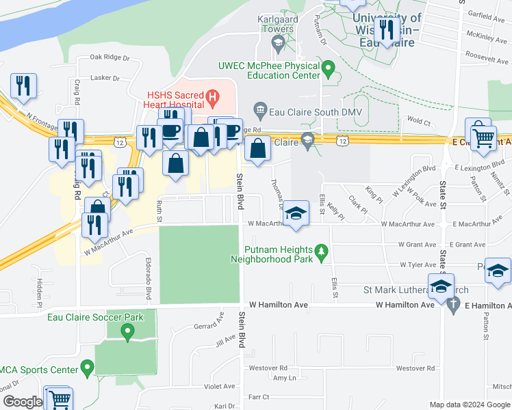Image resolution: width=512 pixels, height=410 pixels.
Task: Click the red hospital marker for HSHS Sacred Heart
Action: [213, 98]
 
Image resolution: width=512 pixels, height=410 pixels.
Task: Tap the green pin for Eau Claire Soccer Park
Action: [127, 333]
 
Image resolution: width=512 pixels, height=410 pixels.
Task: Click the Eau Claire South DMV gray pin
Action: [260, 109]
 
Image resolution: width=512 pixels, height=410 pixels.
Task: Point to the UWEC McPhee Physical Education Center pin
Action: [329, 68]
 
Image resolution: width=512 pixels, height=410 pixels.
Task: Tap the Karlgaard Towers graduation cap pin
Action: [278, 45]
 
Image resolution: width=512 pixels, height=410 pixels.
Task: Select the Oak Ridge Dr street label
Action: [105, 57]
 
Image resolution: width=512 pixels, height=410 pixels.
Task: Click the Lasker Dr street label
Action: [105, 79]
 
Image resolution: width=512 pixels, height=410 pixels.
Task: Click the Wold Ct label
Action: [418, 123]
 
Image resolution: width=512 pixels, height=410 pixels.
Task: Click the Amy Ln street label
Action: [284, 378]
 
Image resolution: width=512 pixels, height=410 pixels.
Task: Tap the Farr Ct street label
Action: [259, 396]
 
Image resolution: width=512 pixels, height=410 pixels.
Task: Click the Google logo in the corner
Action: [22, 402]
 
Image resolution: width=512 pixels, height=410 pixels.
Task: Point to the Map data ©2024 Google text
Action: [470, 405]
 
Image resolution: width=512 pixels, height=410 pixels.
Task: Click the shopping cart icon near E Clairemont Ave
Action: [483, 136]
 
